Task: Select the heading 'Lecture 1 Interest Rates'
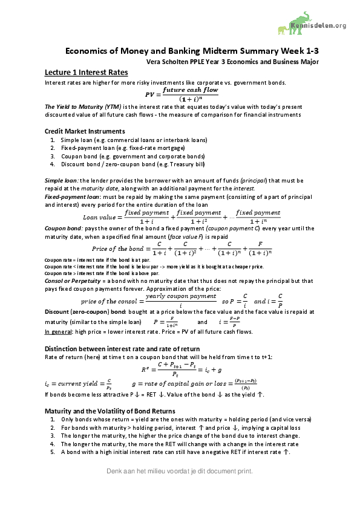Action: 86,73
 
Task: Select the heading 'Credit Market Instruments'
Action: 85,131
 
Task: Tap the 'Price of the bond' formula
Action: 180,249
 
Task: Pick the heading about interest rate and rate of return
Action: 123,349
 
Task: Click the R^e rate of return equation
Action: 180,370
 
